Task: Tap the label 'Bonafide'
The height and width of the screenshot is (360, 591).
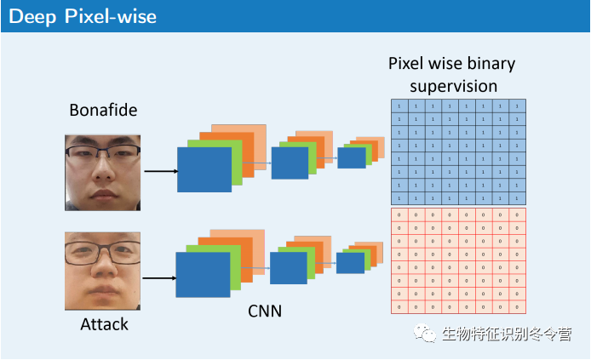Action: coord(103,110)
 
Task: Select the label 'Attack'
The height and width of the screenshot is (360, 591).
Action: coord(102,324)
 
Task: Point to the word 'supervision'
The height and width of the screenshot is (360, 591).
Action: coord(453,86)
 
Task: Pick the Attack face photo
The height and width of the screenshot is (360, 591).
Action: coord(102,271)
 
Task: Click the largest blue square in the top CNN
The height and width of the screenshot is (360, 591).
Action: coord(204,169)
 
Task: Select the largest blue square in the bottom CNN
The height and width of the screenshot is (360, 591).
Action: coord(203,274)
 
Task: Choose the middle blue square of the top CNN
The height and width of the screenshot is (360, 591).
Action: coord(290,162)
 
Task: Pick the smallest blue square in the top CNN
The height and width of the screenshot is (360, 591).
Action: coord(351,157)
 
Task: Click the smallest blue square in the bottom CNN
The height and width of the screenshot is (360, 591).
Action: coord(349,263)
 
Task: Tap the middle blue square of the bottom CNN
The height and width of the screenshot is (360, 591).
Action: coord(288,267)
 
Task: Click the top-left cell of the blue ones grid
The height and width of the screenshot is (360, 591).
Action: coord(399,106)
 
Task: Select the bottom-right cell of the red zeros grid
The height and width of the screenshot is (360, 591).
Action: coord(518,306)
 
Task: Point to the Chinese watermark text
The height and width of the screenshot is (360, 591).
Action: coord(506,334)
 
